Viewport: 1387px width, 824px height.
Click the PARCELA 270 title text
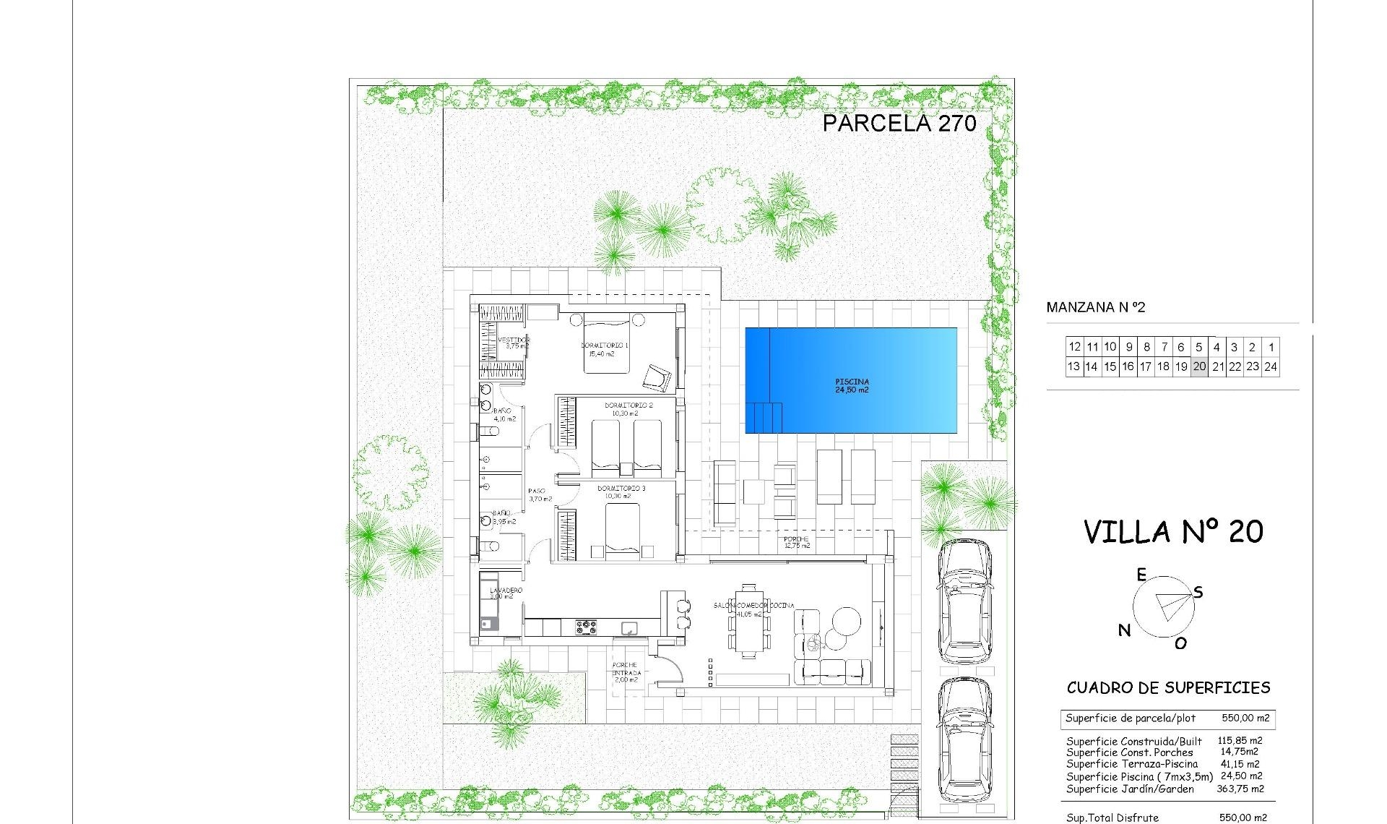[899, 124]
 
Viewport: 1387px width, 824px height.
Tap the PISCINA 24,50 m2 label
[852, 386]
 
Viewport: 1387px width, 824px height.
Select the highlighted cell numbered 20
[1199, 366]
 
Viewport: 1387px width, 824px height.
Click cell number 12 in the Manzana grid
[1074, 347]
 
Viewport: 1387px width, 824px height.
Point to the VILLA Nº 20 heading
[1173, 533]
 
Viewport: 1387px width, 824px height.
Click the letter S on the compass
[1198, 593]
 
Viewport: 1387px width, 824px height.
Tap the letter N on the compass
[1124, 630]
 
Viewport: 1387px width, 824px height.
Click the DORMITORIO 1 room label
[605, 349]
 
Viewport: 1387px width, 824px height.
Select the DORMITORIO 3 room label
[621, 492]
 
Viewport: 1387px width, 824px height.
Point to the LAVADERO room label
[506, 593]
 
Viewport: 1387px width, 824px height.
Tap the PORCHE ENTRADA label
[625, 672]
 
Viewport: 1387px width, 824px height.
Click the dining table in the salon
[748, 621]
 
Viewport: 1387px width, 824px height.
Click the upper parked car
[964, 601]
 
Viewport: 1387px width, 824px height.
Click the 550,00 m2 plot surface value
[1245, 718]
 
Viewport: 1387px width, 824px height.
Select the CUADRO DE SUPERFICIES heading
[1168, 688]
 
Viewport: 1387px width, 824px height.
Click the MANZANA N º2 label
[1096, 308]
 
